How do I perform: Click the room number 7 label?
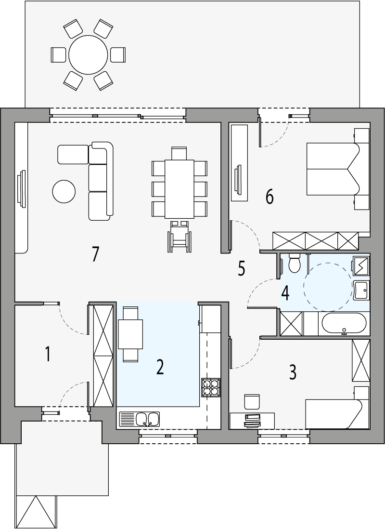[95, 254]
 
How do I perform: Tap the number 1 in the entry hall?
[48, 354]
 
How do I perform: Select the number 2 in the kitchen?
[160, 367]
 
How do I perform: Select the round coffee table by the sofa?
[64, 191]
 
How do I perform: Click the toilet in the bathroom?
[294, 263]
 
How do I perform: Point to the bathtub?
[344, 323]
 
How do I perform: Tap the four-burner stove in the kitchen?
[211, 387]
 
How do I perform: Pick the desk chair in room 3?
[252, 402]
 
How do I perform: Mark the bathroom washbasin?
[361, 290]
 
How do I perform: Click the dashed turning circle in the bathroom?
[327, 286]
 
